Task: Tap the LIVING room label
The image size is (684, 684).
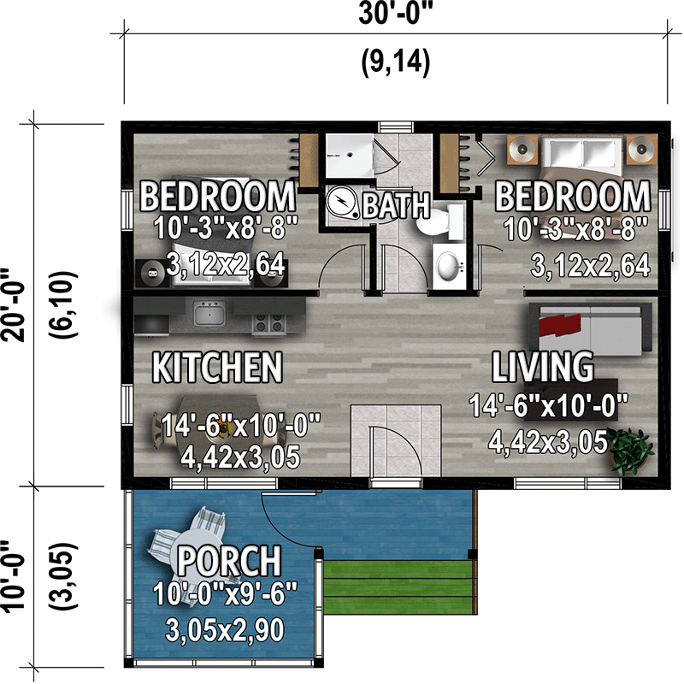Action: [x=542, y=367]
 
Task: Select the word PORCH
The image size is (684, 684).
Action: [x=228, y=562]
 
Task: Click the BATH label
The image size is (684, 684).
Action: [x=397, y=205]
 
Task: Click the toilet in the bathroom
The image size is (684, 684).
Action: [x=442, y=224]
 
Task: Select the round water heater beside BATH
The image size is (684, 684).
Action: [x=344, y=203]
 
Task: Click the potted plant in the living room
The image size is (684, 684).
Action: [x=633, y=450]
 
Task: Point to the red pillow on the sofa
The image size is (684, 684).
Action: [x=557, y=324]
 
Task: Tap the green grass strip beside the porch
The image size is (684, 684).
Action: [x=398, y=586]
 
